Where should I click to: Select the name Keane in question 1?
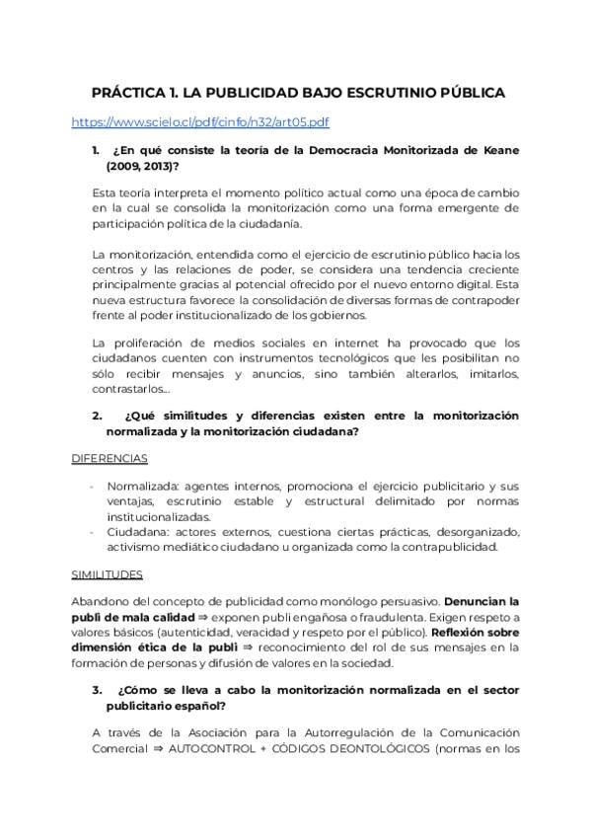(499, 150)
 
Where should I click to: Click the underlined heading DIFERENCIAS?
(110, 459)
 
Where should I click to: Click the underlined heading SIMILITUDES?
(107, 574)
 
